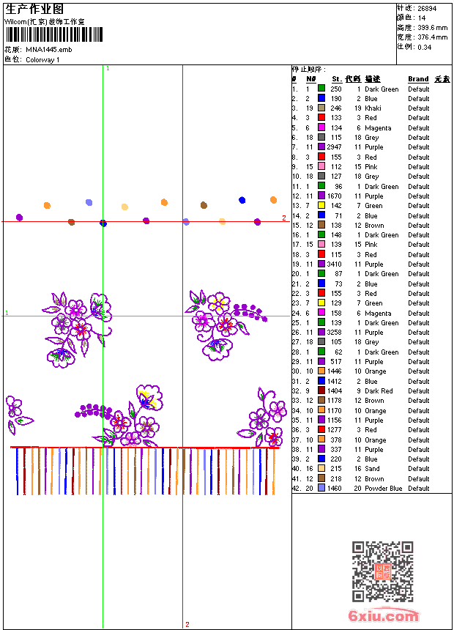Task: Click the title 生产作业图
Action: pos(34,9)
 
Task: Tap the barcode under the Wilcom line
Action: pos(54,34)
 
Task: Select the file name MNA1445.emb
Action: pos(49,49)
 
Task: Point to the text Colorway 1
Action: pos(43,59)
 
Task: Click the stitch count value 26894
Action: pos(427,8)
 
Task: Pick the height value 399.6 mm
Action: pos(432,27)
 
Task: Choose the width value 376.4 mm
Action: pos(432,37)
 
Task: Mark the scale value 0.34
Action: pos(425,47)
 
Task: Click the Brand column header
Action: pos(418,79)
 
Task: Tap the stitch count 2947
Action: pos(334,147)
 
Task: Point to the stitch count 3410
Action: pos(334,264)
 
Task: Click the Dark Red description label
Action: pos(379,391)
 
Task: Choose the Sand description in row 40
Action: pos(372,469)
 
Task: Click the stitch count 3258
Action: pos(334,333)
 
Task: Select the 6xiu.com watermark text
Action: pos(384,616)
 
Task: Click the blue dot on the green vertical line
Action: pos(103,223)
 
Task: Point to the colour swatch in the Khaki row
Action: pos(321,108)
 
